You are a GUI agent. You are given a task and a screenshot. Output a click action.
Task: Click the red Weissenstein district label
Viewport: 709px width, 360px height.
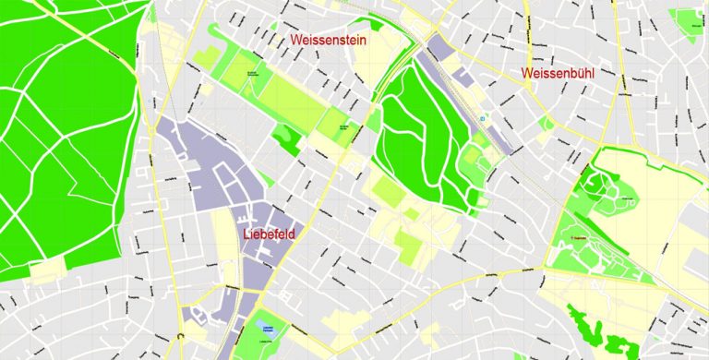pyautogui.click(x=335, y=41)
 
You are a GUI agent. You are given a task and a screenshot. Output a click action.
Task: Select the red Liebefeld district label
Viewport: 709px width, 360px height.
pyautogui.click(x=269, y=234)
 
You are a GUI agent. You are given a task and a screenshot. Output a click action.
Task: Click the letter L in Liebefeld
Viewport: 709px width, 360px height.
pyautogui.click(x=246, y=234)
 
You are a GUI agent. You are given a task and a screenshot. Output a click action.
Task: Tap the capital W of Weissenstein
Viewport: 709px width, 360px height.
pyautogui.click(x=297, y=41)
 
